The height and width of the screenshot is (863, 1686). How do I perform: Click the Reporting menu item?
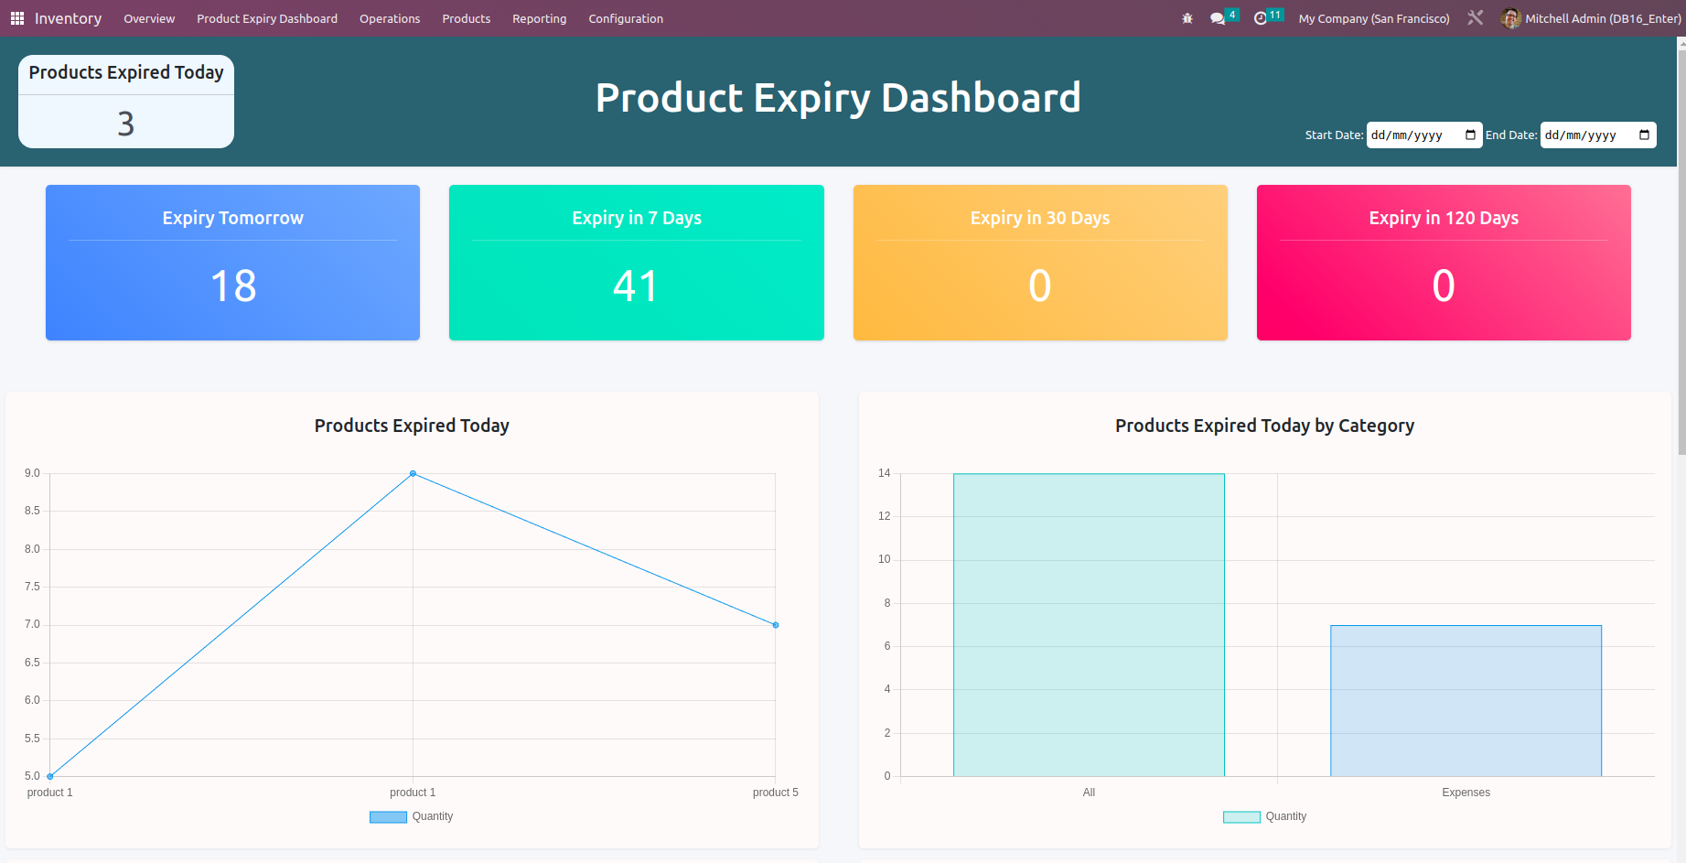coord(539,18)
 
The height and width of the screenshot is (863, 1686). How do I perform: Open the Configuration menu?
coord(626,18)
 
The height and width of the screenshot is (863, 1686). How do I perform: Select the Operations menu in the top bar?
coord(390,18)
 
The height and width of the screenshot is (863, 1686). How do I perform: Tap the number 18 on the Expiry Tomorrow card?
coord(233,286)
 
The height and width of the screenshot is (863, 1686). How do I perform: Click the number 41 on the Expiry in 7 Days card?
coord(636,286)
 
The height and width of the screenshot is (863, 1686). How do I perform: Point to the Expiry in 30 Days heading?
coord(1039,218)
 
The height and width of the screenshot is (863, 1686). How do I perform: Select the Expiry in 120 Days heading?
coord(1444,218)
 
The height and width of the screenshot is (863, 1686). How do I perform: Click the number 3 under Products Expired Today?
coord(126,124)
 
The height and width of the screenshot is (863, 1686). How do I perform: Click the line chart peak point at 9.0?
coord(413,473)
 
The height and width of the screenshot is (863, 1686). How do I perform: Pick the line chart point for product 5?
coord(776,625)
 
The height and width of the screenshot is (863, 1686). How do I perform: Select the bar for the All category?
coord(1089,625)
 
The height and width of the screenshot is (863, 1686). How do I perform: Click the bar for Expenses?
coord(1466,701)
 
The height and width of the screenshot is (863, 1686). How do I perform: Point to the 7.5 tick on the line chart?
coord(32,587)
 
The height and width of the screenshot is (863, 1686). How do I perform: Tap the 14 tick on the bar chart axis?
coord(884,473)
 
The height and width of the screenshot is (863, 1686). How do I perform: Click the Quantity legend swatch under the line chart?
coord(388,816)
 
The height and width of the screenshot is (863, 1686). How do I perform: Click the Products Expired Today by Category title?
coord(1264,426)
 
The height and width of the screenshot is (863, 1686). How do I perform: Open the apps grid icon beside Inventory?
coord(16,18)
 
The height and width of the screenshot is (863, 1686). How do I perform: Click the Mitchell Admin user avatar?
coord(1510,18)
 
